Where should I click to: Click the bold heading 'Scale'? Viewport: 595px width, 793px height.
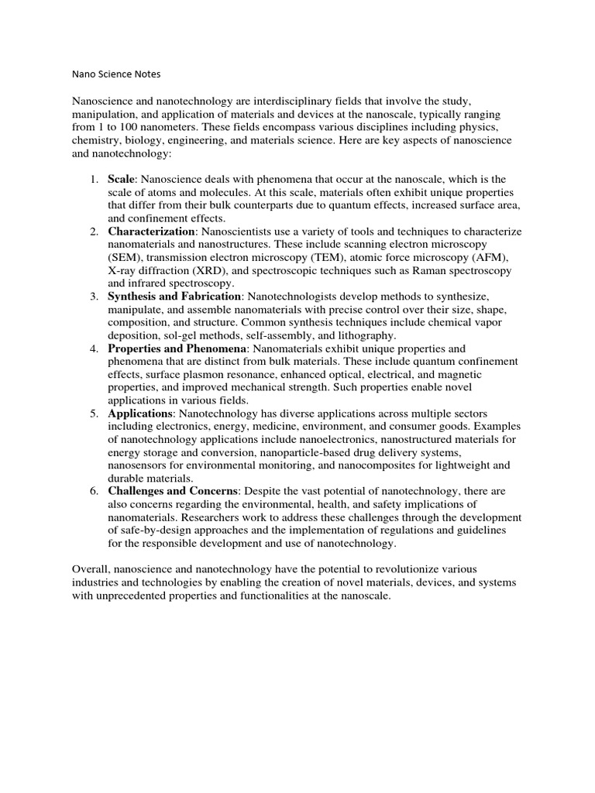[122, 180]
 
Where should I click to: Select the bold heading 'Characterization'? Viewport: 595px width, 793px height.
[152, 232]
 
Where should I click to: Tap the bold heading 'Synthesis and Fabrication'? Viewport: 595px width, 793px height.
[174, 297]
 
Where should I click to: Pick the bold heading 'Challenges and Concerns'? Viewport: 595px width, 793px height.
[173, 492]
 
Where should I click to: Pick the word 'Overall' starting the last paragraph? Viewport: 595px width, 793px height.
[90, 569]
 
